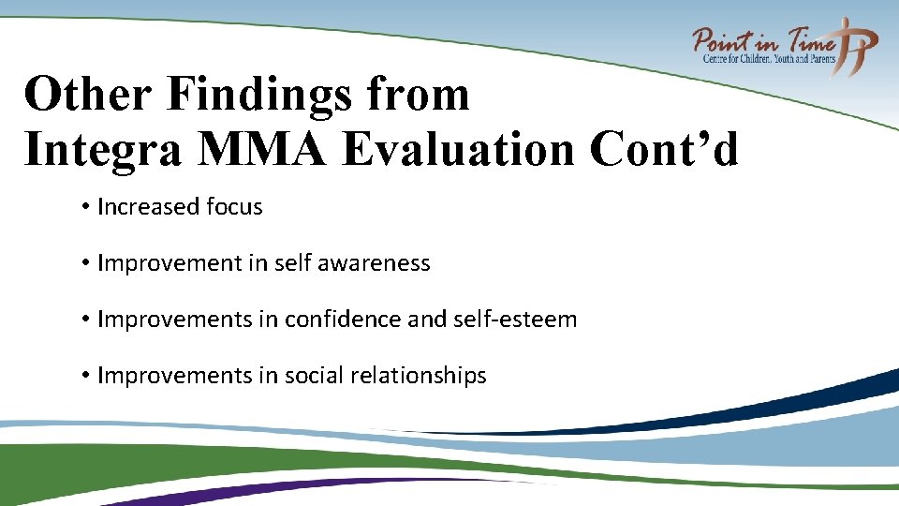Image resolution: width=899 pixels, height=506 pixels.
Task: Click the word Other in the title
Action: pos(86,95)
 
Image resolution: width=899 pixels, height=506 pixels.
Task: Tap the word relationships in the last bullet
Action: pos(419,376)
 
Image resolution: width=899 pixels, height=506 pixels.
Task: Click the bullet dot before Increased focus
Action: pos(84,207)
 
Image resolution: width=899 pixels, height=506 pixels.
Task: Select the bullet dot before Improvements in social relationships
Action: pos(84,376)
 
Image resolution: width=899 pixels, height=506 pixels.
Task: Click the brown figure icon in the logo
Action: pos(857,44)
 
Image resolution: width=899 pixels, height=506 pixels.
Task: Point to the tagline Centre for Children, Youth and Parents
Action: pos(768,59)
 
